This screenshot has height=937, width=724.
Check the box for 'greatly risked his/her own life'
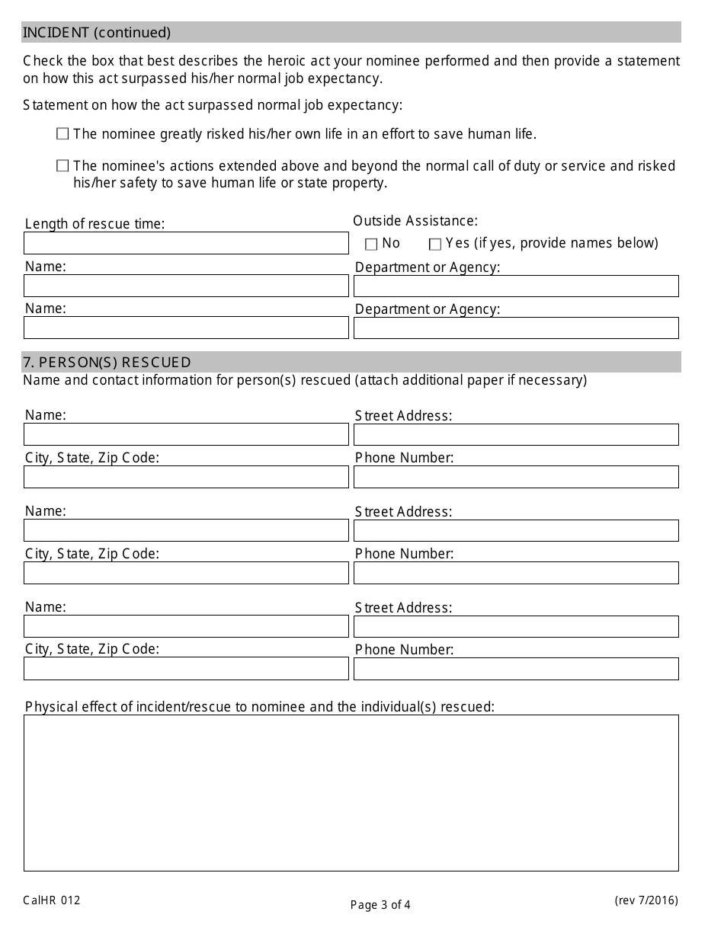[x=62, y=134]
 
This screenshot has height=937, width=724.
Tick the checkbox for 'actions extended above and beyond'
[x=62, y=166]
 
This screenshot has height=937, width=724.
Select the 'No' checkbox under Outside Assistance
[x=371, y=245]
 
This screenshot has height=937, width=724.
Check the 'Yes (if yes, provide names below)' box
[x=435, y=245]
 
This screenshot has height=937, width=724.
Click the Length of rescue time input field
[x=186, y=243]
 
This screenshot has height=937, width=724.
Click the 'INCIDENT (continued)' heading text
[x=97, y=32]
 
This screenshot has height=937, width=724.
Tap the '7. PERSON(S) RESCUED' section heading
[x=107, y=362]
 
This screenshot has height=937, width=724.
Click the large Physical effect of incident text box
[x=351, y=792]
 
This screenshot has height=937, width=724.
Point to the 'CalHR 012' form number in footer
[x=52, y=900]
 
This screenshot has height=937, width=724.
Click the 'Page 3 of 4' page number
[x=380, y=905]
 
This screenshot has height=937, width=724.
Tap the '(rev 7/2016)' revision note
[x=646, y=900]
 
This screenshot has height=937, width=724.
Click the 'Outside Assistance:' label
[x=415, y=221]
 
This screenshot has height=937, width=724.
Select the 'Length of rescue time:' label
[x=95, y=224]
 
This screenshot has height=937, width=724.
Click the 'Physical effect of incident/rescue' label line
[x=260, y=707]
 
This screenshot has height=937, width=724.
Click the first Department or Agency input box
[x=516, y=286]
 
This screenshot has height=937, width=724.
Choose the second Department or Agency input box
[x=516, y=328]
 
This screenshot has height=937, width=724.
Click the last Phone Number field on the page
[x=516, y=669]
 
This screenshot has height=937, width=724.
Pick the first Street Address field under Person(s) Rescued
[x=516, y=434]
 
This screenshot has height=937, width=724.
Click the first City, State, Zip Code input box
[x=186, y=477]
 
